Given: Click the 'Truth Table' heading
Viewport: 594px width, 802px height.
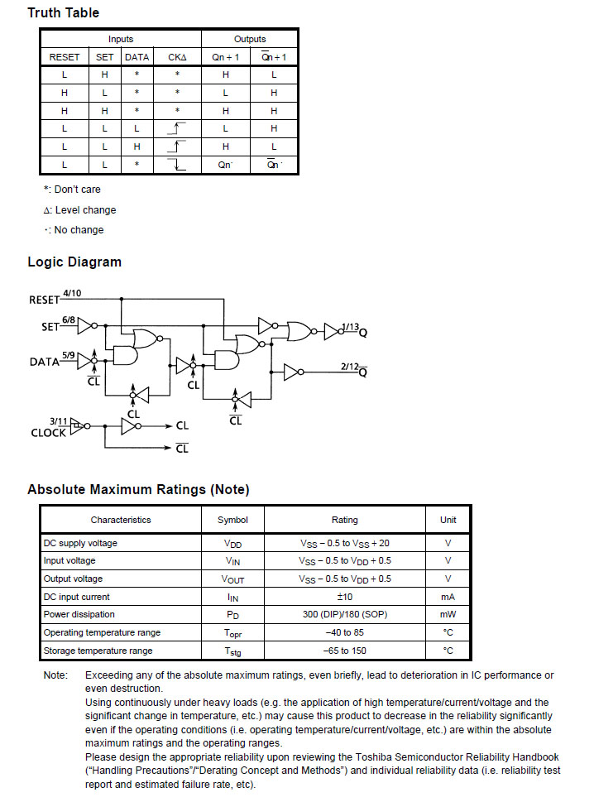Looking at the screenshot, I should (63, 12).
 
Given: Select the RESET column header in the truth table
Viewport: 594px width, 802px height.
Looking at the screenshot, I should (65, 57).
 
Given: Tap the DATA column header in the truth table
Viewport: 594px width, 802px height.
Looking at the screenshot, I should (137, 57).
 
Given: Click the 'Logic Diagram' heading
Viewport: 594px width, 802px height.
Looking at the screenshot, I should (74, 262).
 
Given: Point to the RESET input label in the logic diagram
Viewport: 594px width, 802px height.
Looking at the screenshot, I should (45, 300).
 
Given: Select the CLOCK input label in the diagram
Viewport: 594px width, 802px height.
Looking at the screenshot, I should (49, 433).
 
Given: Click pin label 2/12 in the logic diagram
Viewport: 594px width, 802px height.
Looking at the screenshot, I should (349, 366).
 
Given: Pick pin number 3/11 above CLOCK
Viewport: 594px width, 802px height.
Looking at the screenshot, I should (58, 420).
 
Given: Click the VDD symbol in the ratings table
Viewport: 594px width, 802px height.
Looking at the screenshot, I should (232, 544).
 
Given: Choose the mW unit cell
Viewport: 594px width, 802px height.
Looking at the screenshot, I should (448, 614).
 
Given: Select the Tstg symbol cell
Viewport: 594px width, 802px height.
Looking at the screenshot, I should (232, 651).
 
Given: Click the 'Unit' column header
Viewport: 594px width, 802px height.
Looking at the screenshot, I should (448, 520).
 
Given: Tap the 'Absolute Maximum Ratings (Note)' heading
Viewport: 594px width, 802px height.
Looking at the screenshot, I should (138, 489).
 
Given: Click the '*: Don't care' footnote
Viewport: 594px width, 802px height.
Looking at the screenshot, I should (73, 190).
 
